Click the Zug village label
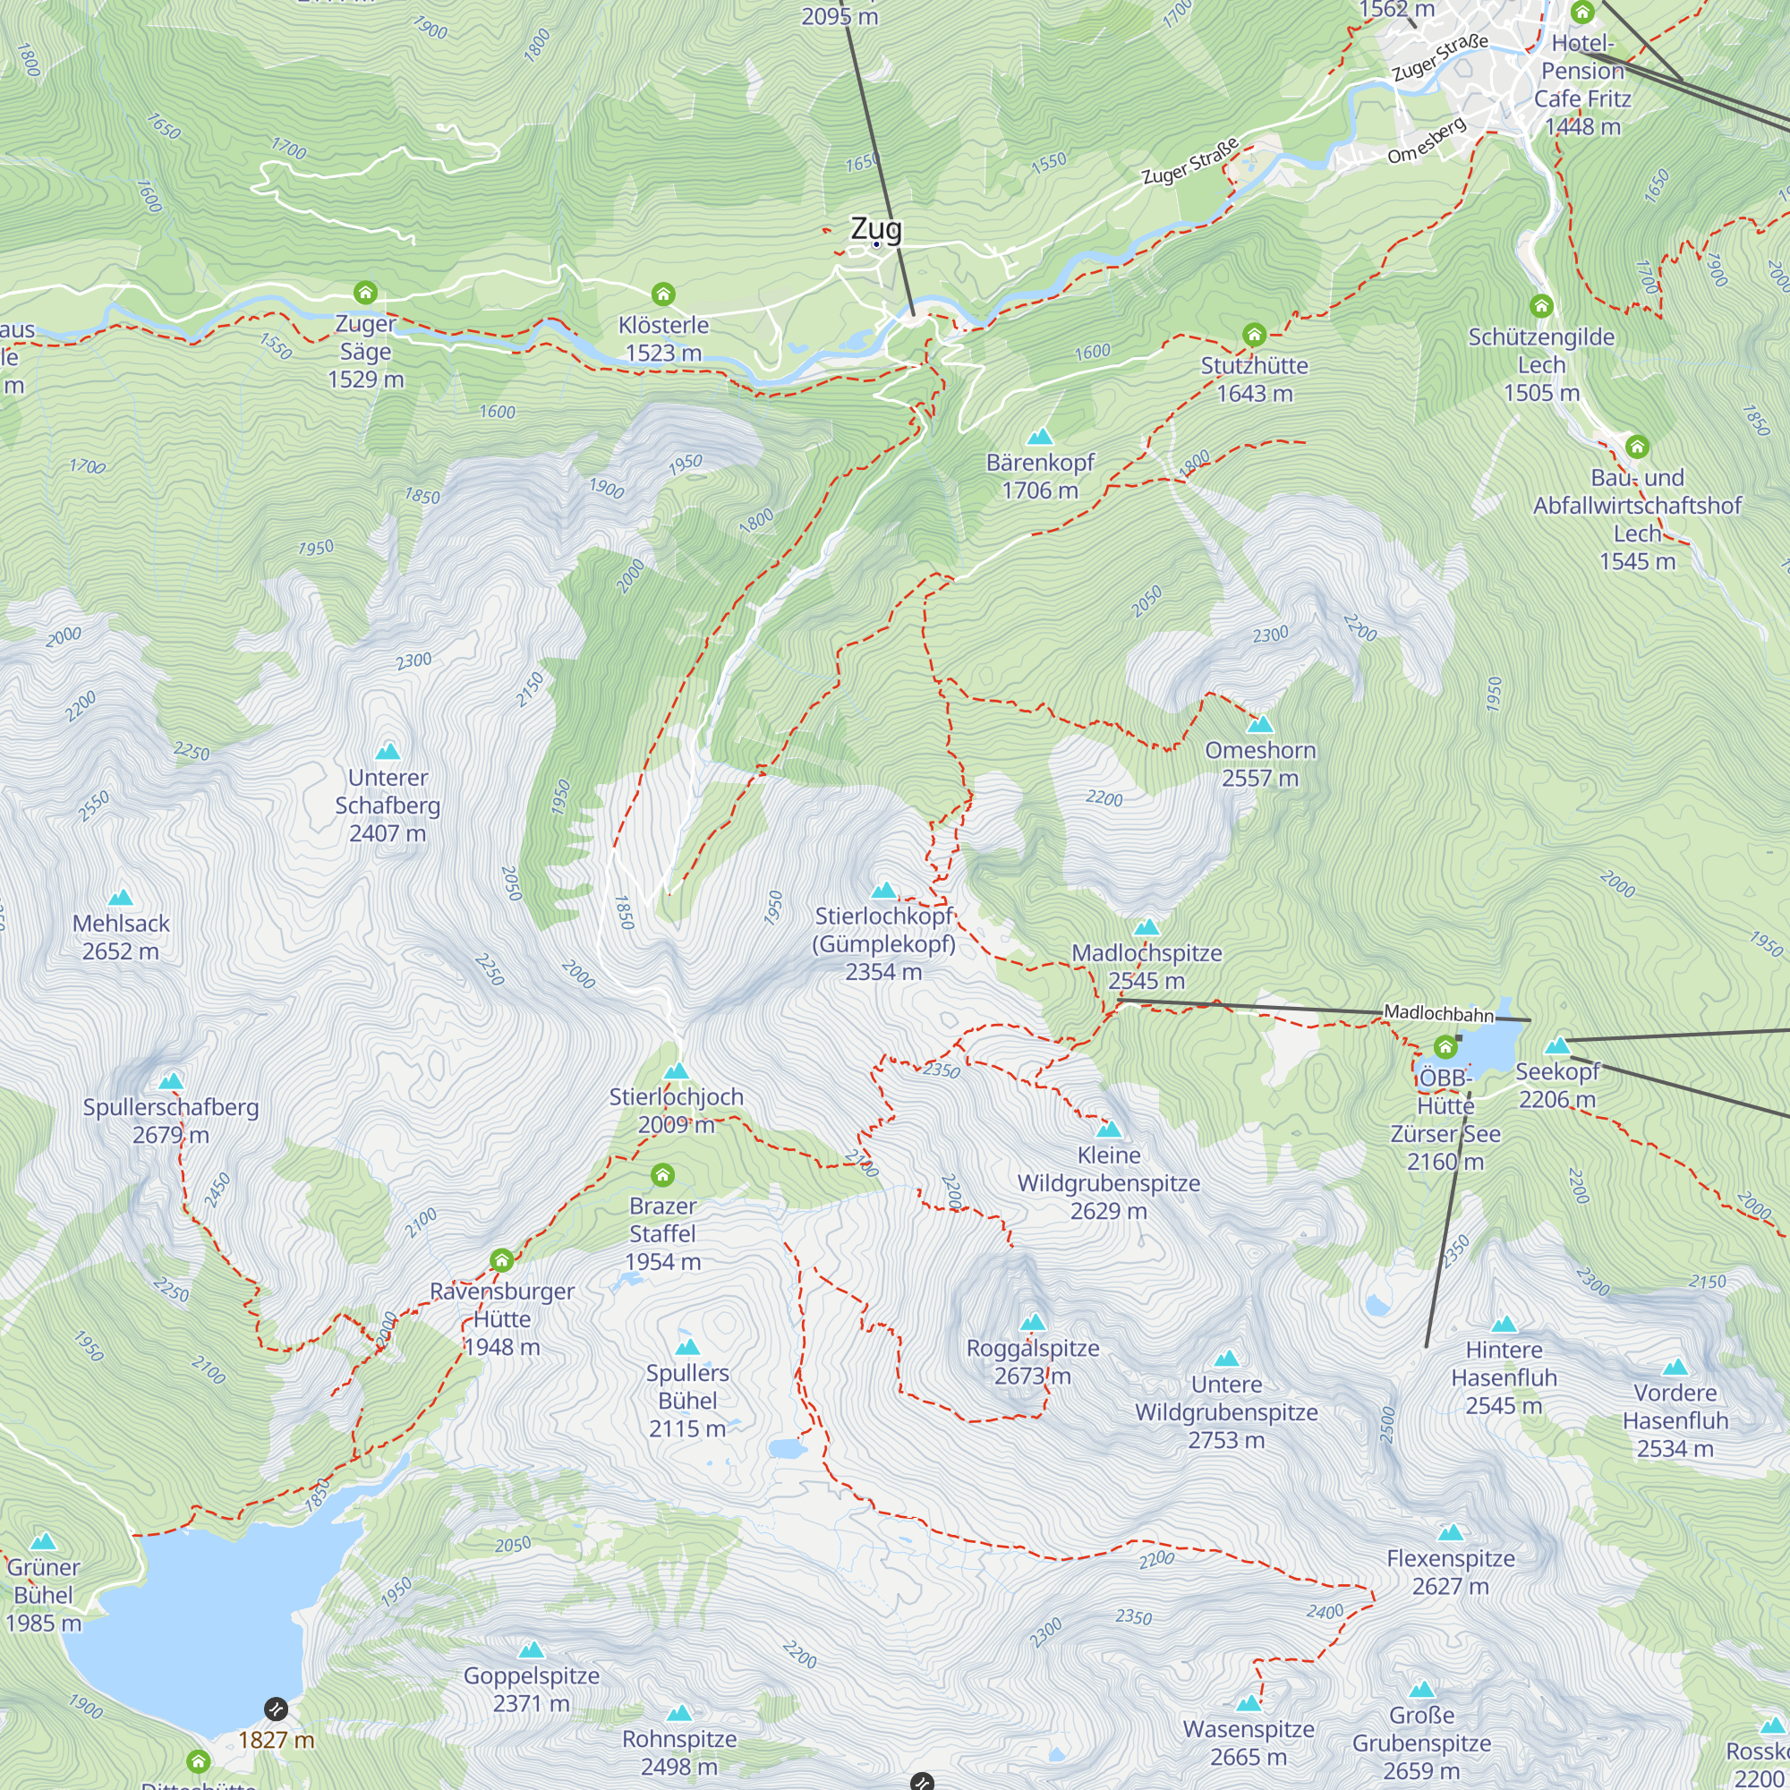coord(875,229)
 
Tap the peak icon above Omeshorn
coord(1260,725)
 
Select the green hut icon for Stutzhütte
coord(1254,334)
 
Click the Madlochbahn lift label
coord(1438,1014)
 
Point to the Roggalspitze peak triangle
coord(1032,1322)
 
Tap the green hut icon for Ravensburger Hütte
coord(501,1260)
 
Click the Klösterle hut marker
coord(662,294)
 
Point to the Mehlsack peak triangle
coord(121,898)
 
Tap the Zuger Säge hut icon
coord(365,293)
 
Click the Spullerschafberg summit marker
coord(170,1081)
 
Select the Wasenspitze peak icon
coord(1249,1703)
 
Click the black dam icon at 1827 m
coord(275,1709)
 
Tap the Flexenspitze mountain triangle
coord(1451,1532)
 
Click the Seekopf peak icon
coord(1557,1046)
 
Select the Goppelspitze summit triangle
coord(531,1649)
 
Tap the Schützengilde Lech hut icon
coord(1541,306)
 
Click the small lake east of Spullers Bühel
coord(787,1448)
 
